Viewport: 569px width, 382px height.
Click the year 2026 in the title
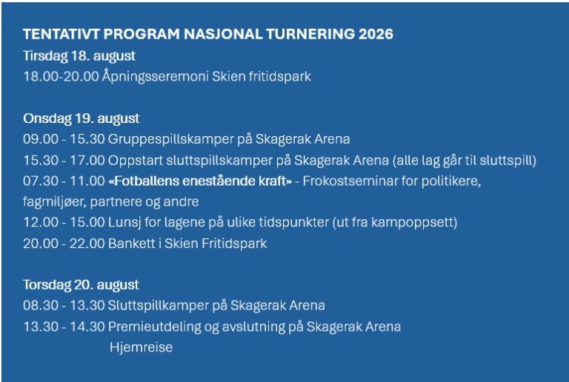click(x=376, y=34)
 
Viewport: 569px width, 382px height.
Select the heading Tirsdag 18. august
click(x=79, y=56)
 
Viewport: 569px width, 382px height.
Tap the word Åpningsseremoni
click(x=156, y=77)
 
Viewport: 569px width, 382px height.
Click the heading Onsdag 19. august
click(x=81, y=118)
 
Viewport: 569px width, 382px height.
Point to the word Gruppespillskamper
click(x=171, y=139)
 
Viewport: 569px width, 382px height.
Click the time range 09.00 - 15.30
click(x=64, y=139)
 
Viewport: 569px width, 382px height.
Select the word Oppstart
click(x=136, y=161)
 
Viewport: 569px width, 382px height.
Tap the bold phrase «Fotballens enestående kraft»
click(x=200, y=181)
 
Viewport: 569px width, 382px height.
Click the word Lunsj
click(x=124, y=223)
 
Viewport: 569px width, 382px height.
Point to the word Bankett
click(x=132, y=244)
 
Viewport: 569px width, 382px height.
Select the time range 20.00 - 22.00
click(x=64, y=244)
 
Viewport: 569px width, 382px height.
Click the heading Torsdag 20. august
click(x=81, y=285)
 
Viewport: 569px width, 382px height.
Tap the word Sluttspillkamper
click(x=159, y=306)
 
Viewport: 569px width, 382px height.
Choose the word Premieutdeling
click(x=154, y=327)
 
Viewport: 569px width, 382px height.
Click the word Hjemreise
click(x=142, y=347)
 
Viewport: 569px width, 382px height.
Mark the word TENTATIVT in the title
click(x=61, y=34)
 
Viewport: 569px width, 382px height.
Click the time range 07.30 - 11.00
click(x=64, y=181)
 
